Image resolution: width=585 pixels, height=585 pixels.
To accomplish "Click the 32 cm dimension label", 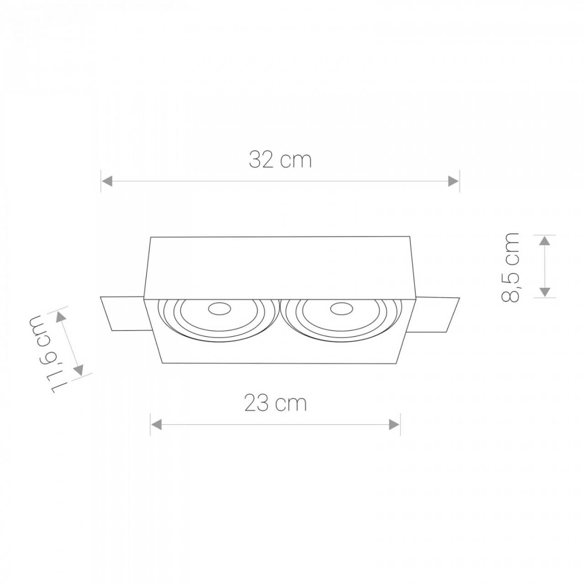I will click(x=280, y=160).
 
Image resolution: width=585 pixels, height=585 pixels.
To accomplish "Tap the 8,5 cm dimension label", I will click(x=511, y=267).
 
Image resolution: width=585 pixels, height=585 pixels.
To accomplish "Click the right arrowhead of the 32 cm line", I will click(x=453, y=181).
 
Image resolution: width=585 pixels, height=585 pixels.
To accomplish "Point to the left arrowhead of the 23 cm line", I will click(x=157, y=425).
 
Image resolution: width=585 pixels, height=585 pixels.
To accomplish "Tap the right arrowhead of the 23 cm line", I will click(x=394, y=425).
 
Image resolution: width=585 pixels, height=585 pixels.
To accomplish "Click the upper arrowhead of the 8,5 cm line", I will click(x=544, y=241).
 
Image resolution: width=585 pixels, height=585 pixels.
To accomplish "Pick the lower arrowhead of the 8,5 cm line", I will click(x=544, y=291).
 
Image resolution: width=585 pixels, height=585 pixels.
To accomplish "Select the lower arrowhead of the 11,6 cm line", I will click(x=79, y=369).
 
